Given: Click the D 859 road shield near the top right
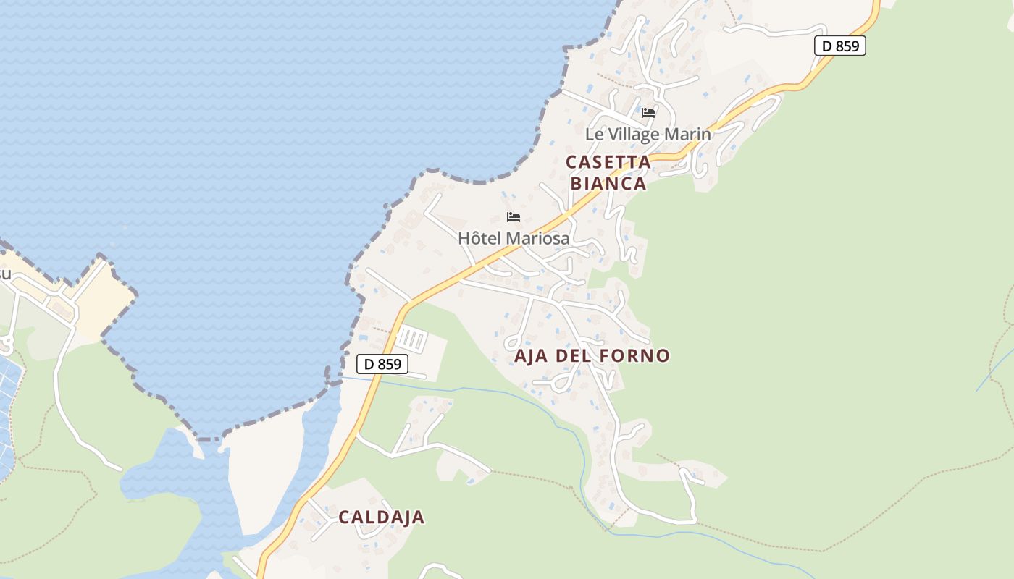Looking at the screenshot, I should pos(840,46).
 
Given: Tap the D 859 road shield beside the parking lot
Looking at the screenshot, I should pos(382,363).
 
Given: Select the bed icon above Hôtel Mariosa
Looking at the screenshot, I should pos(514,217).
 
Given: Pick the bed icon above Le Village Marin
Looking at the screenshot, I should pos(648,113).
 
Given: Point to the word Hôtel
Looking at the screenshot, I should pos(480,238).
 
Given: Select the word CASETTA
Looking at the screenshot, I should pos(608,162).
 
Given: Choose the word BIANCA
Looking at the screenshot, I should pos(608,184).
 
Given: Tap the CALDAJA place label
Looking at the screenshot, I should pos(381,517).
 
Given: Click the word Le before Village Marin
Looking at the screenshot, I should pos(594,135).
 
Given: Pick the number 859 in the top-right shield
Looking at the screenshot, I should pos(847,46).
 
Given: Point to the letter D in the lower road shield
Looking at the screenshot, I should pos(369,363).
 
